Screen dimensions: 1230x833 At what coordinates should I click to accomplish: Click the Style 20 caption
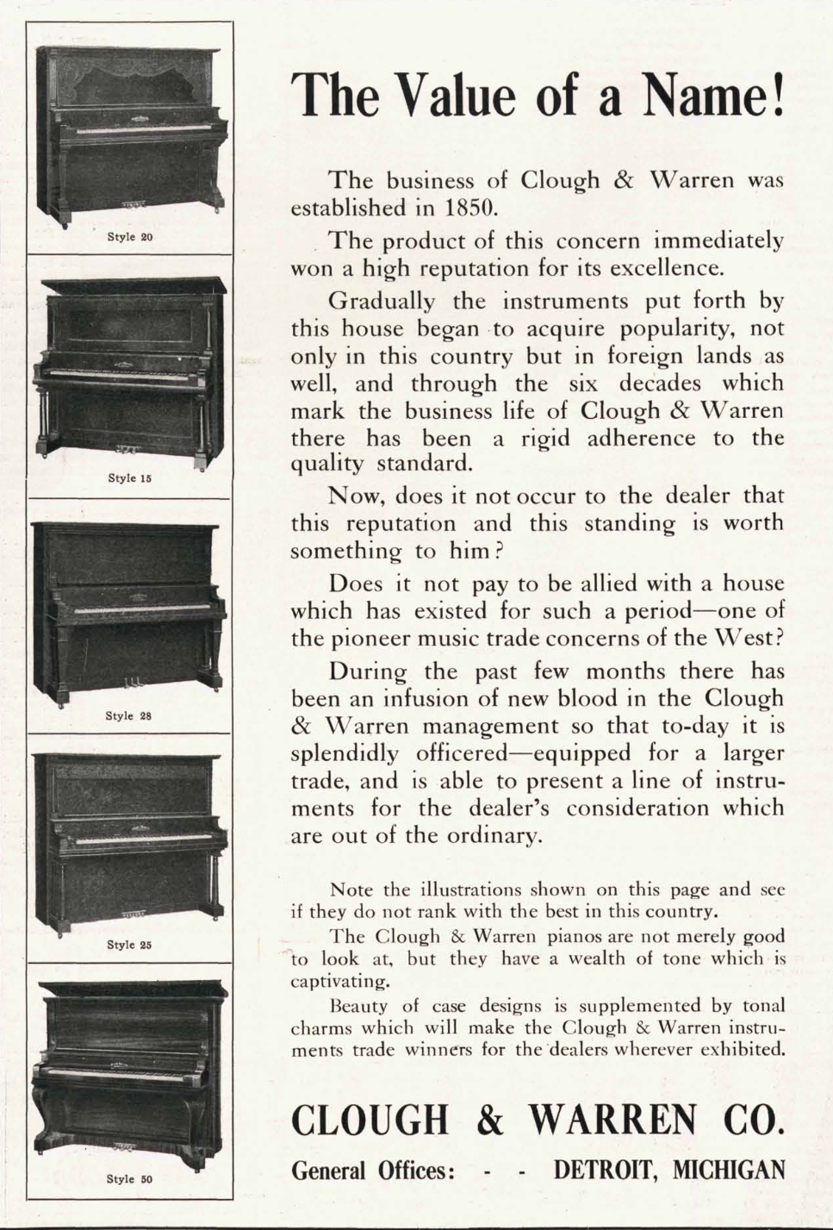pos(129,236)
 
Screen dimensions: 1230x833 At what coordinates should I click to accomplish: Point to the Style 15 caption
pos(129,478)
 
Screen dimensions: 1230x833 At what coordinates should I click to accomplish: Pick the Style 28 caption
pos(128,715)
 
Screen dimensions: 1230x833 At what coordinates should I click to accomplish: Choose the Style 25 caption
pos(129,945)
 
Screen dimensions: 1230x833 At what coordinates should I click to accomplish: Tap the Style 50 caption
pos(129,1179)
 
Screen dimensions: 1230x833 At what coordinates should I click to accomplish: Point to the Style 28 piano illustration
pos(129,613)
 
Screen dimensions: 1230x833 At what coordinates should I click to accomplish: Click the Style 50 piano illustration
pos(129,1069)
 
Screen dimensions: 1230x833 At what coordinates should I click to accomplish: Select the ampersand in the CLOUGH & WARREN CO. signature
pos(489,1120)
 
